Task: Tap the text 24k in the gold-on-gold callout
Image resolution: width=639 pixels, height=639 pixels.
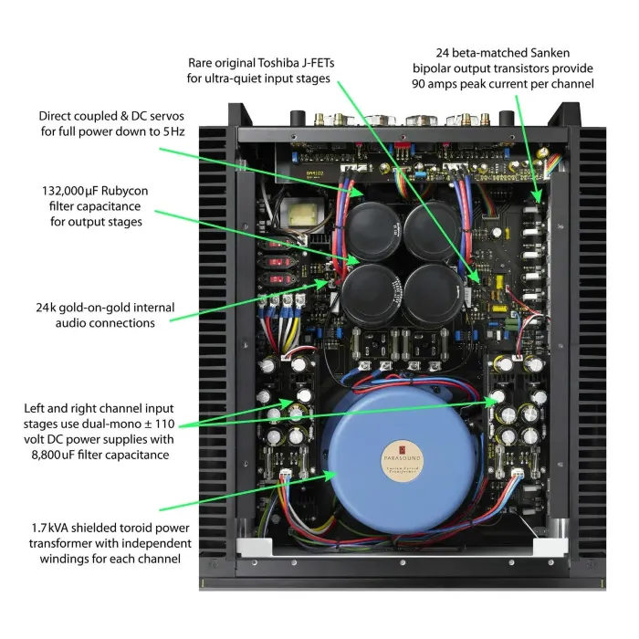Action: point(47,306)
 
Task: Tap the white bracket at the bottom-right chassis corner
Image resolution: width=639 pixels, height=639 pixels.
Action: point(545,547)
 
